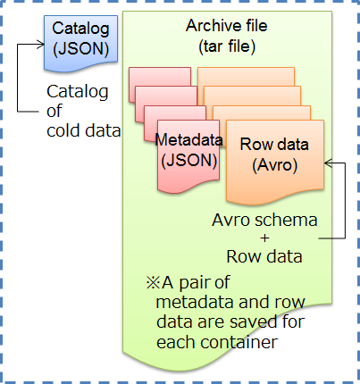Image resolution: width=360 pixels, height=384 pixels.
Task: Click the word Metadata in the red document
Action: click(188, 141)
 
